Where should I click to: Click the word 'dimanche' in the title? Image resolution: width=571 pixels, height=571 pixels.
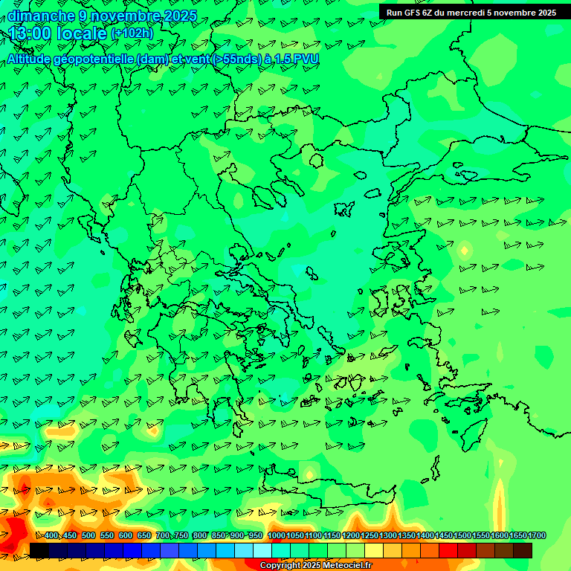pos(41,16)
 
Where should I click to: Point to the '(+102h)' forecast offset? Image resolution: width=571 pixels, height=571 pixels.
pos(132,33)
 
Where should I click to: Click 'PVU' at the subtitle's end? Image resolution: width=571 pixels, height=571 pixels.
pos(306,59)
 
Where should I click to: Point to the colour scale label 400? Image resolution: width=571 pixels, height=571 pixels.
pos(51,535)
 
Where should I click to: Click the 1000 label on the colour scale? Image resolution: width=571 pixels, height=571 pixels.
pos(277,535)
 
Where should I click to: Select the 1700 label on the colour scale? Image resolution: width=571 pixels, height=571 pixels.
pos(537,535)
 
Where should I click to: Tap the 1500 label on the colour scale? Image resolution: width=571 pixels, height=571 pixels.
pos(462,535)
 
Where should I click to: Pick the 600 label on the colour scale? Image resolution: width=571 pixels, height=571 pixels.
pos(126,535)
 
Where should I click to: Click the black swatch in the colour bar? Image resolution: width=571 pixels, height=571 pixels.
pos(39,550)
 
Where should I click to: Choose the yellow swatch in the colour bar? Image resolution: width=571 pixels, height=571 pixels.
pos(374,550)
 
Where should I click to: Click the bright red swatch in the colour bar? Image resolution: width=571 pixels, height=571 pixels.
pos(448,550)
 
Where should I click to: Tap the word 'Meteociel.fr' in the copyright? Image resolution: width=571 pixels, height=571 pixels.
pos(346,566)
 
